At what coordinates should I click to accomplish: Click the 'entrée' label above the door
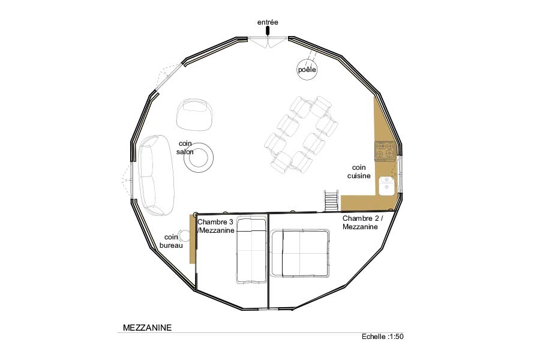pyautogui.click(x=268, y=22)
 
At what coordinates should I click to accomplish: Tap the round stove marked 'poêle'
pyautogui.click(x=307, y=70)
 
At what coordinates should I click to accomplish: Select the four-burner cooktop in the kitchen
pyautogui.click(x=385, y=151)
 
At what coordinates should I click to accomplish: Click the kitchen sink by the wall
pyautogui.click(x=387, y=185)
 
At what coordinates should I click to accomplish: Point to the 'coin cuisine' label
pyautogui.click(x=359, y=172)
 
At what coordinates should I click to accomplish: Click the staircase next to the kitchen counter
pyautogui.click(x=331, y=200)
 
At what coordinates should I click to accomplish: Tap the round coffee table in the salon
pyautogui.click(x=199, y=158)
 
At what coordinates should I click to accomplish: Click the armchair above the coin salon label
pyautogui.click(x=194, y=115)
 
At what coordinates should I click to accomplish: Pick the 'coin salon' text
pyautogui.click(x=185, y=148)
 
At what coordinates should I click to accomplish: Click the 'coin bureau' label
pyautogui.click(x=171, y=241)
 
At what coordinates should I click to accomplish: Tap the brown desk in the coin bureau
pyautogui.click(x=193, y=239)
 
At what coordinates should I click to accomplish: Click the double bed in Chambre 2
pyautogui.click(x=299, y=253)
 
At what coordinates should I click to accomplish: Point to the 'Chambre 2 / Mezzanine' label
pyautogui.click(x=363, y=223)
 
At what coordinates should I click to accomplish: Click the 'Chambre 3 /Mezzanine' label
pyautogui.click(x=216, y=226)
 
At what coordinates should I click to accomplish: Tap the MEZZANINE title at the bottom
pyautogui.click(x=147, y=328)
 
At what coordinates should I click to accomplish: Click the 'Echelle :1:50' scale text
pyautogui.click(x=382, y=337)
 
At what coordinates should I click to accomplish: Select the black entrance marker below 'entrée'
pyautogui.click(x=268, y=32)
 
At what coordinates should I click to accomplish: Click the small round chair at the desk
pyautogui.click(x=184, y=236)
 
